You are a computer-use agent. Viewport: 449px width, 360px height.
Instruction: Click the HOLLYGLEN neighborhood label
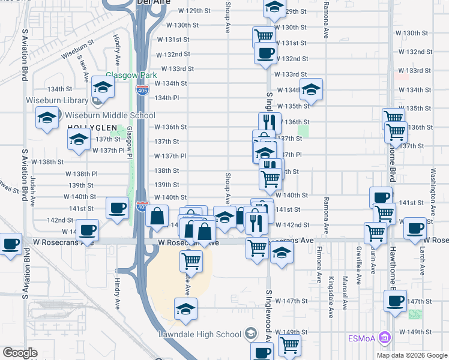click(89, 127)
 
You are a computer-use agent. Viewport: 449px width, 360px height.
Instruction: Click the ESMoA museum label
click(365, 338)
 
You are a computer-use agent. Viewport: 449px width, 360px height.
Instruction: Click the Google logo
click(20, 353)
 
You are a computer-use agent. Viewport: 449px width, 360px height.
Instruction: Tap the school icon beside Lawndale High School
click(250, 334)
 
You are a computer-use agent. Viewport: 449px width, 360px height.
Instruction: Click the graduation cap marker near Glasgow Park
click(103, 89)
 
